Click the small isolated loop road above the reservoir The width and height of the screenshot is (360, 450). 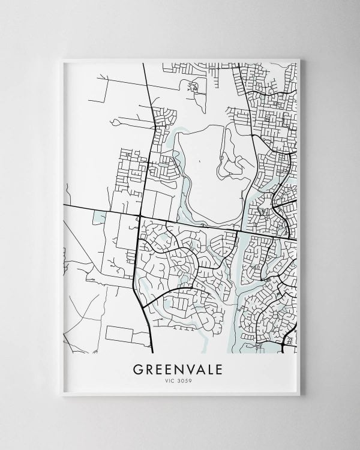coord(193,87)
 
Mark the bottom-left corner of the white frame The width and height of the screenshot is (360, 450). coord(61,395)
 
